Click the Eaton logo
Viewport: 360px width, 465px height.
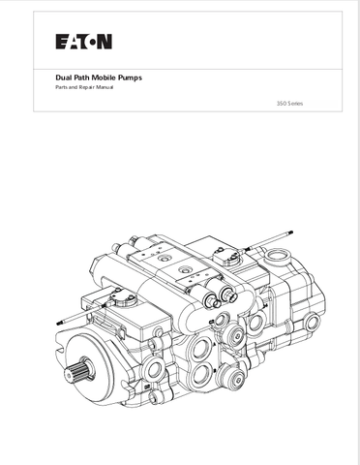[84, 42]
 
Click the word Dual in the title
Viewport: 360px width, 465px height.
[63, 77]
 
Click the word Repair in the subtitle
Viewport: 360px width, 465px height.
[85, 87]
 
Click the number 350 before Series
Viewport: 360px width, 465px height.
[281, 104]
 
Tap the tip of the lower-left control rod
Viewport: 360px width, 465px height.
[57, 323]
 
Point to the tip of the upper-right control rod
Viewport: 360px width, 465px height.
[291, 232]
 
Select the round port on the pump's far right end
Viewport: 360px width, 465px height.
[313, 322]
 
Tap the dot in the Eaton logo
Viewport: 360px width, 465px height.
[92, 42]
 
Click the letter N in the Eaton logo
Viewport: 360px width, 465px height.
[105, 42]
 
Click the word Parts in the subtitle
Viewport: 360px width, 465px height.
[60, 87]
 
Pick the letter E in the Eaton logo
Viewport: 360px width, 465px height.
[61, 42]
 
